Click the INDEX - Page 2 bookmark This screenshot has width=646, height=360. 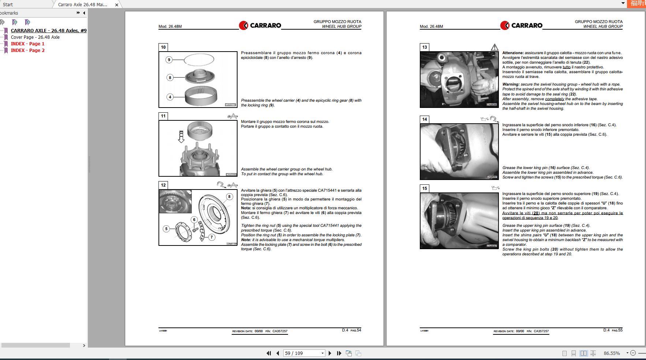[27, 50]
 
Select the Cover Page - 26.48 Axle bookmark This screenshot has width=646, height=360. [35, 37]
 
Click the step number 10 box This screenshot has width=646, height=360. [163, 47]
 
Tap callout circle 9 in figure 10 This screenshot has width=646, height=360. [169, 60]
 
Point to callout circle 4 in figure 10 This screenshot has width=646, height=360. [170, 97]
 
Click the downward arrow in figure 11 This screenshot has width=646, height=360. [181, 136]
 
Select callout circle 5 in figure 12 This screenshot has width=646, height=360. [166, 229]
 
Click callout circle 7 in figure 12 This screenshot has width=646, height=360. [212, 237]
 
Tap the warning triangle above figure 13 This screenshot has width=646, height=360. [494, 47]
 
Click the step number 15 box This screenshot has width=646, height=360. [425, 188]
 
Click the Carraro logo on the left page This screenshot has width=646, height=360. [260, 25]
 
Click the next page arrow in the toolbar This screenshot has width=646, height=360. [330, 353]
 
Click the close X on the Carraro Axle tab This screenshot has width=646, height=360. [117, 5]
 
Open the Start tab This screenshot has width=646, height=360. [8, 5]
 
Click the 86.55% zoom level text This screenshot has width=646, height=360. [612, 353]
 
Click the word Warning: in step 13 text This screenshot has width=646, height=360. [511, 84]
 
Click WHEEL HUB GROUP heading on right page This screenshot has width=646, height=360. [603, 26]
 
